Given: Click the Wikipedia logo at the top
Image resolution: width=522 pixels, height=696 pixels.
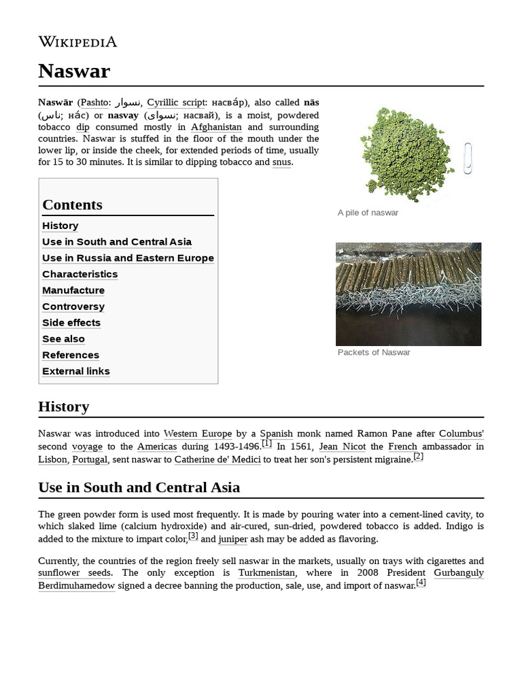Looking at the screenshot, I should click(x=77, y=42).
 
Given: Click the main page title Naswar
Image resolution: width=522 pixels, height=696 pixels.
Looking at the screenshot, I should click(x=74, y=71).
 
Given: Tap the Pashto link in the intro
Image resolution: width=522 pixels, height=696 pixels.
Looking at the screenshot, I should click(x=94, y=103).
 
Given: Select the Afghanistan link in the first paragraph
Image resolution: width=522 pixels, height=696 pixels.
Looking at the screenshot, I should click(x=216, y=127).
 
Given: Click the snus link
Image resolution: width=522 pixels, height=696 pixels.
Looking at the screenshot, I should click(x=281, y=162).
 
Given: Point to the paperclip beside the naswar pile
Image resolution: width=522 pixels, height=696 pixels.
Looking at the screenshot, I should click(x=468, y=158).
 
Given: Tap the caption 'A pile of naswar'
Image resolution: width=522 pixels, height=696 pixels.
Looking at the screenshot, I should click(x=368, y=213).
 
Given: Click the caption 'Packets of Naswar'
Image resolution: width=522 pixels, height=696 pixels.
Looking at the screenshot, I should click(x=374, y=352).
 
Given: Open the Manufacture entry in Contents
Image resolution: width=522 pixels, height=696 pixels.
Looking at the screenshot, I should click(x=73, y=290).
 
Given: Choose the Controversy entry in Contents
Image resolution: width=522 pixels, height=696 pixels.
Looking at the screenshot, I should click(x=73, y=307).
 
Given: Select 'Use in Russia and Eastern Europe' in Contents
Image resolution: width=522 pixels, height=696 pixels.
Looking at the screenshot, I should click(x=128, y=258).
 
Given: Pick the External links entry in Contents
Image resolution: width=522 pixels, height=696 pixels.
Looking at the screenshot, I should click(x=76, y=371).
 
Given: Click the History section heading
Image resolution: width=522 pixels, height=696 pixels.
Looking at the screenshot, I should click(x=64, y=406).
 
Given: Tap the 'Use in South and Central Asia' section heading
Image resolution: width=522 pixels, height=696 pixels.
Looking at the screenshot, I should click(x=139, y=487).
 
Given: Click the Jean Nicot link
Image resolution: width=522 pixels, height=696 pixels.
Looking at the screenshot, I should click(x=338, y=447).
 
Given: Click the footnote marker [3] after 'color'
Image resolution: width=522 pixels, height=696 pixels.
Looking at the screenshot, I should click(x=193, y=536).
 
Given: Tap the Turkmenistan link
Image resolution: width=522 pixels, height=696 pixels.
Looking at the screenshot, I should click(x=266, y=573).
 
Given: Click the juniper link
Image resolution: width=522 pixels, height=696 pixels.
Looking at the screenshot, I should click(x=232, y=540).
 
